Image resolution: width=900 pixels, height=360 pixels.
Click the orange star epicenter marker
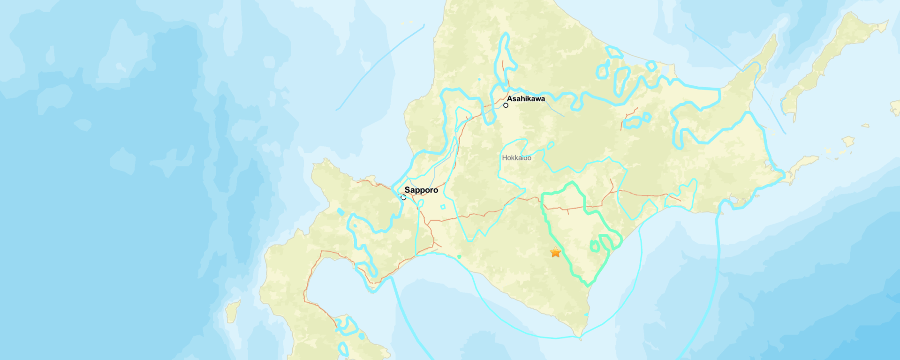click(555, 252)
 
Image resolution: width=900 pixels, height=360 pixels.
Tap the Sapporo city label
click(421, 190)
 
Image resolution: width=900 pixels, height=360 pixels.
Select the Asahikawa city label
click(526, 98)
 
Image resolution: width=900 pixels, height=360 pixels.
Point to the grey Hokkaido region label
click(516, 158)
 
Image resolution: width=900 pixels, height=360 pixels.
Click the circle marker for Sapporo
click(403, 197)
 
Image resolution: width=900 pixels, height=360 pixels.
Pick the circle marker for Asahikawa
click(506, 105)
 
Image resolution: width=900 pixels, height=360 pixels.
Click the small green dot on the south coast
click(459, 256)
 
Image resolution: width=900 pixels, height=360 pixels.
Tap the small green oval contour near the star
click(595, 246)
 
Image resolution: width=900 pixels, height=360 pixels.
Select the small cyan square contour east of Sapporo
click(443, 207)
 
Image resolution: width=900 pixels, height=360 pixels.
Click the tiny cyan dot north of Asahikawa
click(479, 79)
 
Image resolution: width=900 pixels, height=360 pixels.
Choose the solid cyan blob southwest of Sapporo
click(340, 212)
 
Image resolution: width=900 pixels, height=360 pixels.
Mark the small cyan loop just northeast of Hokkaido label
click(550, 146)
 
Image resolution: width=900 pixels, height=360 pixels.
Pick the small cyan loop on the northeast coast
click(651, 66)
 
